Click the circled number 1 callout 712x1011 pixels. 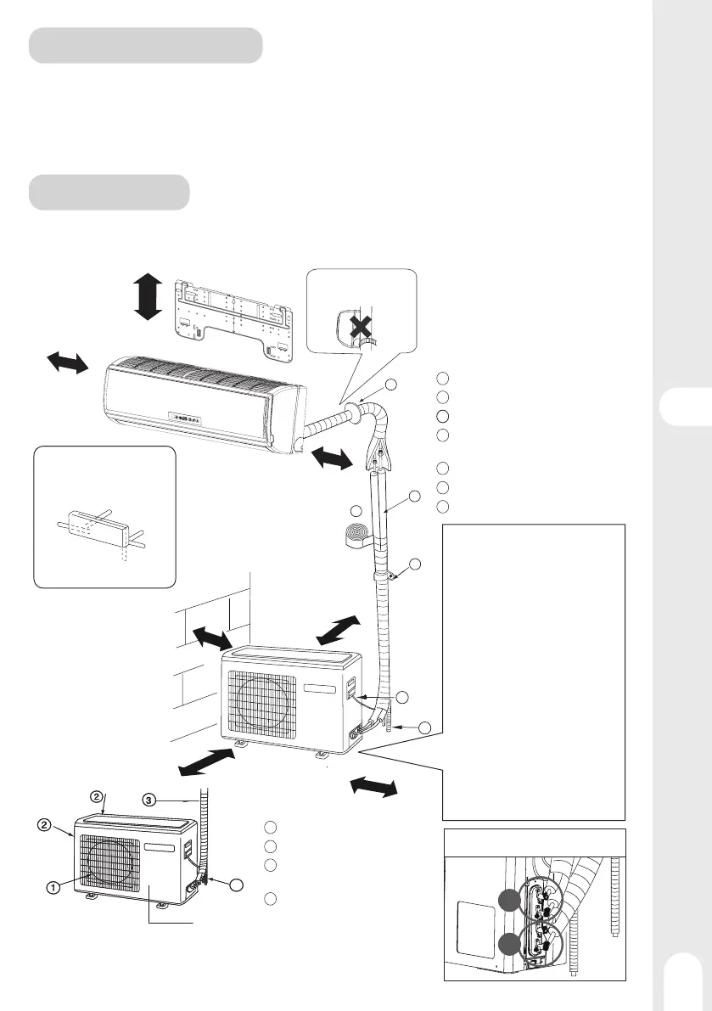pos(53,888)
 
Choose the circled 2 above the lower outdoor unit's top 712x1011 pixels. pos(98,796)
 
